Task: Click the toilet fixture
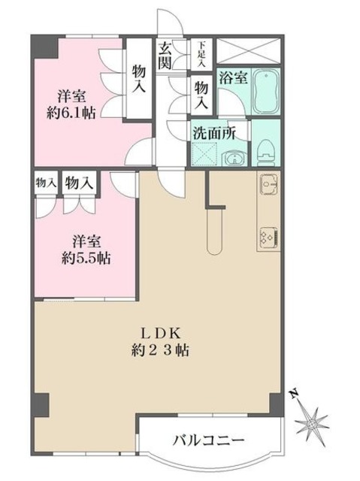pos(265,153)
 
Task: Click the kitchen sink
pos(268,183)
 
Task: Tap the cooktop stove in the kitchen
pos(268,237)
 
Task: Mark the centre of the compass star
pos(311,421)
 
